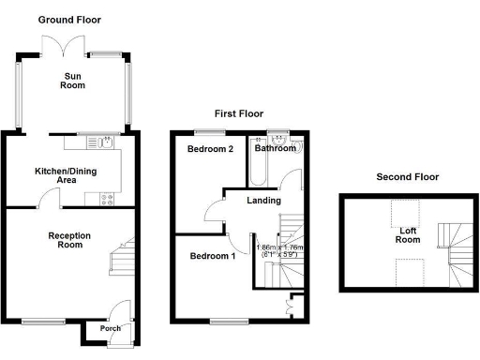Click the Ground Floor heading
[x=69, y=19]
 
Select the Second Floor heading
[x=407, y=176]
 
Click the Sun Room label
[x=73, y=80]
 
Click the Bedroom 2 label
[x=209, y=150]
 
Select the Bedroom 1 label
[x=213, y=256]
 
